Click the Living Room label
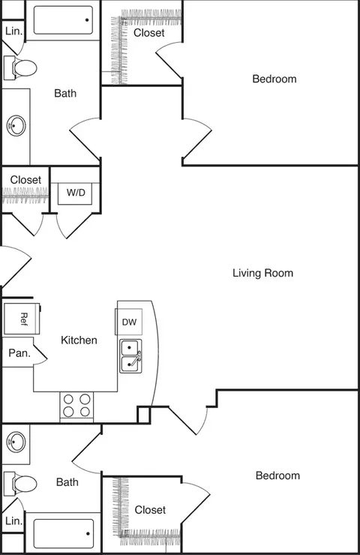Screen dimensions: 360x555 (262, 273)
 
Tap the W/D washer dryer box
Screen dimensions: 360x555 (76, 193)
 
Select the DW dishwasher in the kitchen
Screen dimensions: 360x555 (129, 322)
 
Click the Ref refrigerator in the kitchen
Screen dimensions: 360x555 (22, 318)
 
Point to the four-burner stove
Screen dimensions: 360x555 (76, 406)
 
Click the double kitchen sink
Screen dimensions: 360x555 (130, 355)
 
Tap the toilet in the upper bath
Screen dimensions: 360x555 (20, 67)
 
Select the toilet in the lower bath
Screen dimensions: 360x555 (20, 484)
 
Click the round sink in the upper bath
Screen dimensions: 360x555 (16, 125)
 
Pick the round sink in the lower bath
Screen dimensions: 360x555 (16, 442)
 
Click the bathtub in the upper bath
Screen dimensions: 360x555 (63, 20)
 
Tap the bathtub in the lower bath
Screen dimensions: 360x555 (64, 533)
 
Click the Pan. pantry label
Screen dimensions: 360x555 (19, 353)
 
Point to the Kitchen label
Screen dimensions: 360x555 (79, 340)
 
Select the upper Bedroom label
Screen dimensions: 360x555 (274, 79)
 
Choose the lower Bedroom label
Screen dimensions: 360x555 (278, 475)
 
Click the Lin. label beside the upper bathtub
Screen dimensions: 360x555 (13, 31)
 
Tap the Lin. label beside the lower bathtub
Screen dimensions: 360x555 (13, 520)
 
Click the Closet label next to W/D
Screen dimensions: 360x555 (25, 180)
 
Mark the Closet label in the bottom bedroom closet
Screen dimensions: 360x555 (150, 510)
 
